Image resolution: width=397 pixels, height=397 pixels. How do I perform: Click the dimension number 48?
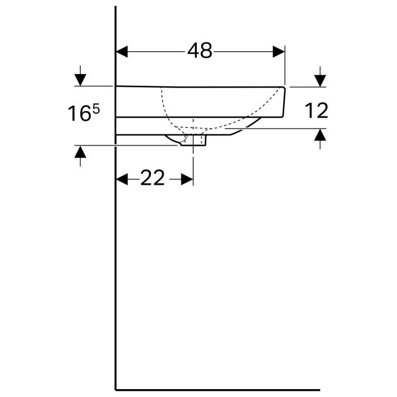200,51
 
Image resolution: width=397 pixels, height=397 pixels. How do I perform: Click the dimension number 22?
152,179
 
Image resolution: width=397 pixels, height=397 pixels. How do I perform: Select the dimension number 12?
317,111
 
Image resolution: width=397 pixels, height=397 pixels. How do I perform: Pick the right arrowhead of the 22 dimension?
187,179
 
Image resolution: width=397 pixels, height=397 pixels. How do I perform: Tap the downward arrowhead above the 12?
320,80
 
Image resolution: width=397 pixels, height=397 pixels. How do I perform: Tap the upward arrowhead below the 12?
320,135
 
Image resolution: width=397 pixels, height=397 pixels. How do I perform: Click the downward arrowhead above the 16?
80,79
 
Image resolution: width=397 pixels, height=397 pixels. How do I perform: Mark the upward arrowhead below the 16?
80,152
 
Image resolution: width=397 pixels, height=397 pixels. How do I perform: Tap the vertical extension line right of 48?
285,66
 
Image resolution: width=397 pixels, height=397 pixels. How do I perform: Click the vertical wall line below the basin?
116,265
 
